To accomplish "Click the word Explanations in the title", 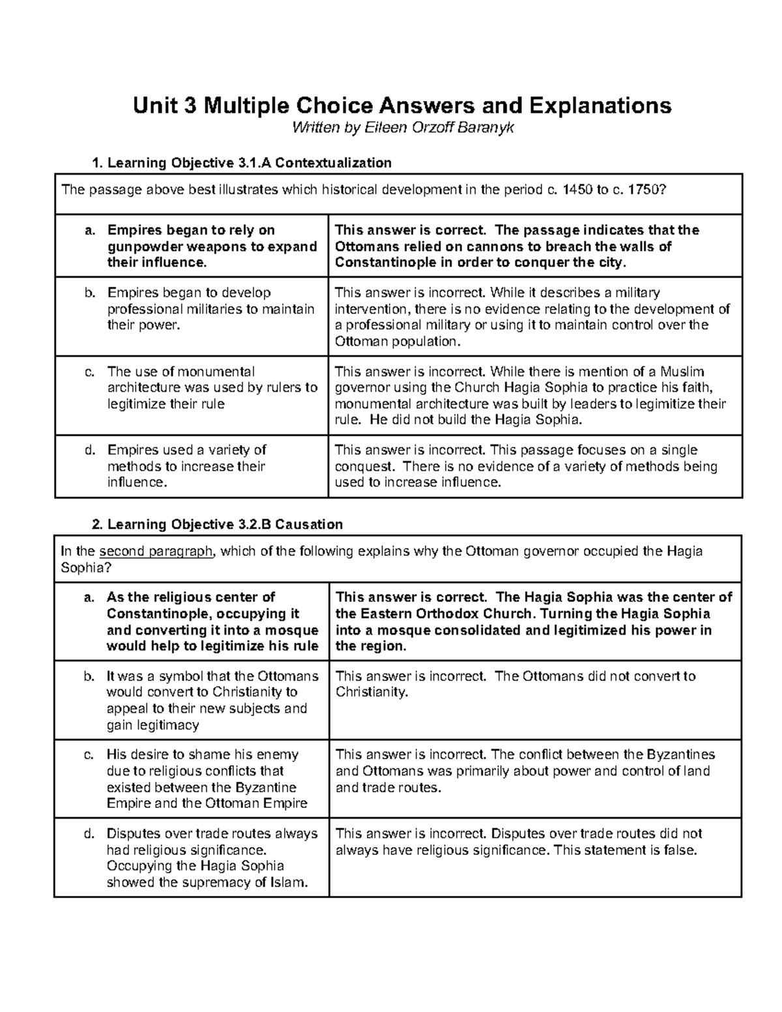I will click(600, 105).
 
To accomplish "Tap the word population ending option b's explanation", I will click(427, 341).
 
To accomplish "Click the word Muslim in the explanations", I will click(682, 371).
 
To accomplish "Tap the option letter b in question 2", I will click(89, 676).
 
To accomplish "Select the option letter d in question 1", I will click(89, 450).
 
